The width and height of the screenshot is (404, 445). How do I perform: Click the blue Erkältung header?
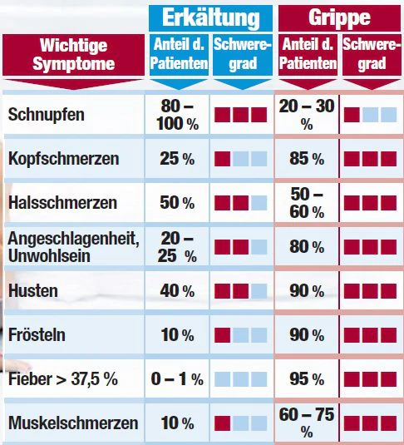click(210, 17)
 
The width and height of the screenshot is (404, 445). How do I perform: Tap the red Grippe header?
click(339, 17)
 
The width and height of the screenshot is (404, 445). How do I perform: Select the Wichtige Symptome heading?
click(73, 55)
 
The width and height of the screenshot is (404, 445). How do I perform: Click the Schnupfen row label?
click(47, 115)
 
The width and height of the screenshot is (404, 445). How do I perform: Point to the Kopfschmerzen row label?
click(63, 158)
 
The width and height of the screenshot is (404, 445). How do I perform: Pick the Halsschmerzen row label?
click(62, 203)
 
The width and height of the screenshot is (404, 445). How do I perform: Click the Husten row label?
click(33, 291)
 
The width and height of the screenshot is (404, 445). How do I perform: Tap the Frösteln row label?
click(37, 335)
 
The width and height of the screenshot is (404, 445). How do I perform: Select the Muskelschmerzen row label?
click(73, 423)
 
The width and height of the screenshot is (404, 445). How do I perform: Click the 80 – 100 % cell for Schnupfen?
click(177, 115)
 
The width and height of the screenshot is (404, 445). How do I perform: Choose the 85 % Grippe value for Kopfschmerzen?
click(307, 158)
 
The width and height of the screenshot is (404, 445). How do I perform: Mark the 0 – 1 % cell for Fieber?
click(177, 379)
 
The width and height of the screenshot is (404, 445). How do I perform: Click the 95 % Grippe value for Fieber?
click(307, 379)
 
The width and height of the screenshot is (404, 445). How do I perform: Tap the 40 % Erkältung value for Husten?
click(177, 291)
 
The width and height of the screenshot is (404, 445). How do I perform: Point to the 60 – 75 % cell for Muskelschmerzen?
click(307, 423)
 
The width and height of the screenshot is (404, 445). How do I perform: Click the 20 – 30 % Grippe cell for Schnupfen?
click(307, 115)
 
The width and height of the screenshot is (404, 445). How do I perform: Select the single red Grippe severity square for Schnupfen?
click(352, 115)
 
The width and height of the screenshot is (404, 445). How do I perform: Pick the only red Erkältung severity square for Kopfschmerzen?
click(223, 159)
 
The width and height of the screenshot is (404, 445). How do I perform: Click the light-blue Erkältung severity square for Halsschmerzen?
click(259, 203)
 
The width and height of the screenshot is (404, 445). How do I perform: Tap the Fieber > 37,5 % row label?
click(63, 379)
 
